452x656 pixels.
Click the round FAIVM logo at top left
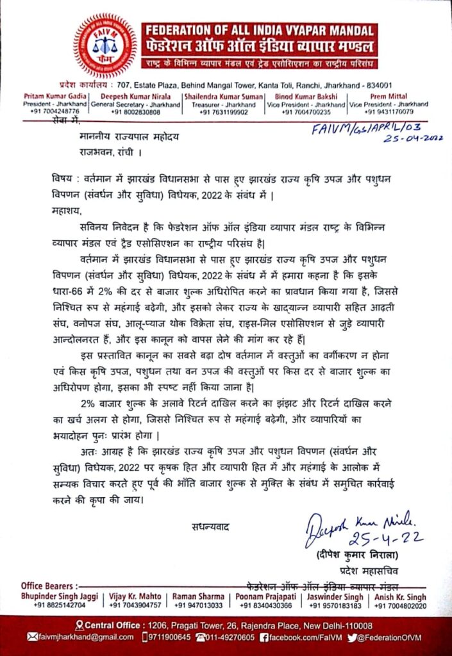(x=105, y=45)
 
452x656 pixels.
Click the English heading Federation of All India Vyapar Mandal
(x=260, y=31)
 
